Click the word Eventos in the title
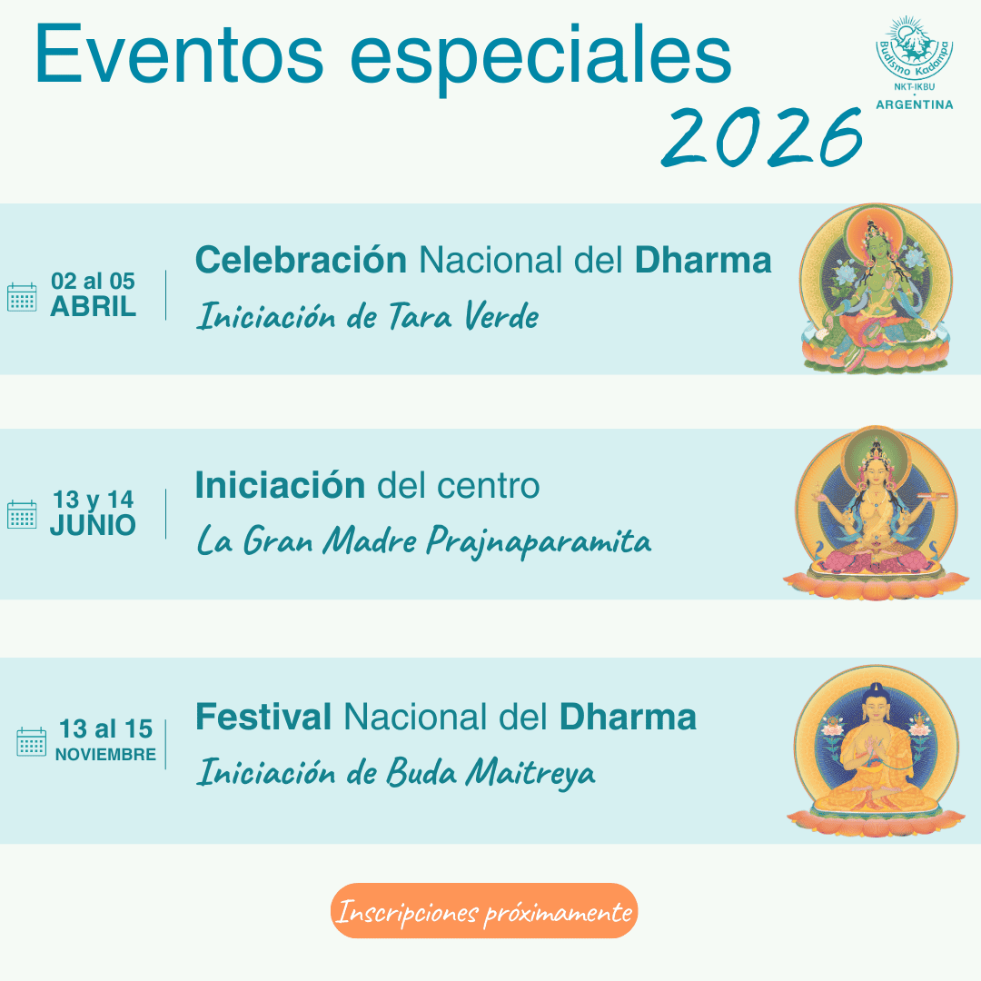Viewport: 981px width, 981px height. (179, 54)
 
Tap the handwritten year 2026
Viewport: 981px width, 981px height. (761, 136)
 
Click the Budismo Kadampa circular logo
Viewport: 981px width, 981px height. (914, 50)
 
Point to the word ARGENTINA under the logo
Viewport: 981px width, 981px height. (914, 104)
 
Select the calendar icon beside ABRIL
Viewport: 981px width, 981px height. (22, 297)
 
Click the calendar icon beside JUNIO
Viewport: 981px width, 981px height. (22, 514)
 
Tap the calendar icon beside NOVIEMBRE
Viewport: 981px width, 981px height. (31, 742)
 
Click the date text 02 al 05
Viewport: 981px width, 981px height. (94, 281)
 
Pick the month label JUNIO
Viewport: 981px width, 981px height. (93, 526)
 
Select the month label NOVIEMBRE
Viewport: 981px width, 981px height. (105, 755)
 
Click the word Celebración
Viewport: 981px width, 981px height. (301, 261)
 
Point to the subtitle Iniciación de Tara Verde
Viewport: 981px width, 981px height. (367, 316)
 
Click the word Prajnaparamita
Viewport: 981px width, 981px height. (539, 541)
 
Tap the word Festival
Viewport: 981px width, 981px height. (263, 717)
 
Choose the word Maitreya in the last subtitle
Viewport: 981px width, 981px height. (530, 773)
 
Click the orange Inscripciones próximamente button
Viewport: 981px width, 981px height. (484, 911)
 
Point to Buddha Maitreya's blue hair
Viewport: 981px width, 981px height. (876, 695)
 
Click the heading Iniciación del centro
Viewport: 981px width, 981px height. (367, 485)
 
